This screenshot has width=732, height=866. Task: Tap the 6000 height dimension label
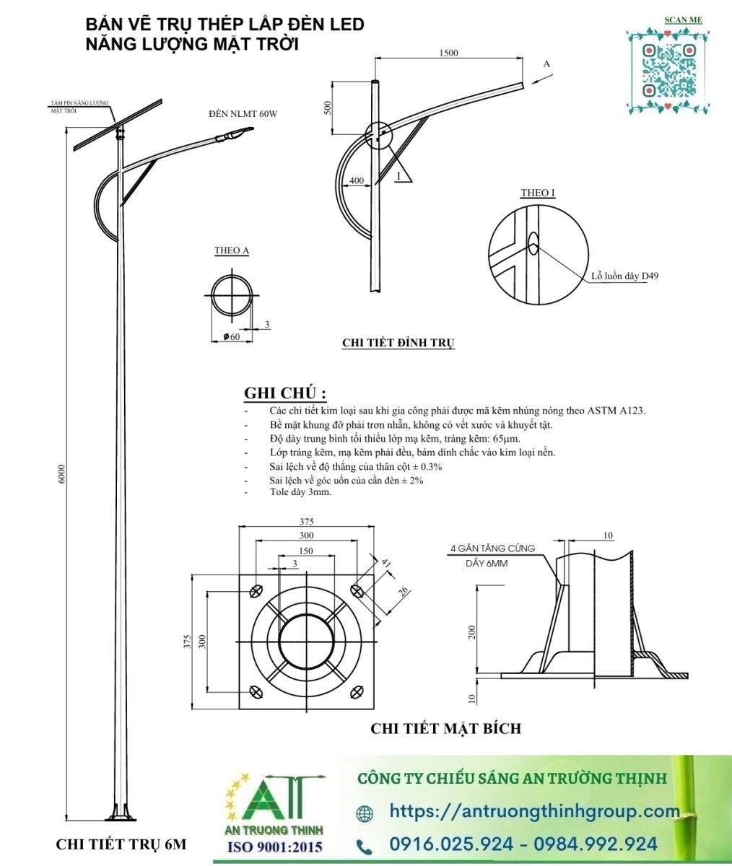click(x=61, y=473)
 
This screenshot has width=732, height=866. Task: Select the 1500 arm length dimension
click(x=448, y=53)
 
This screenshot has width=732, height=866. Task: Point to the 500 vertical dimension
click(x=328, y=108)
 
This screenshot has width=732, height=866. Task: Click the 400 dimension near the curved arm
click(x=356, y=180)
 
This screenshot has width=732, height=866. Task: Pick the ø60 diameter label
click(x=232, y=337)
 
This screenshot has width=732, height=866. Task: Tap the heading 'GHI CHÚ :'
click(x=285, y=393)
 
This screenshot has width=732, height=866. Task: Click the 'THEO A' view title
click(x=232, y=251)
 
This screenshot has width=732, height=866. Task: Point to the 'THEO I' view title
click(x=538, y=193)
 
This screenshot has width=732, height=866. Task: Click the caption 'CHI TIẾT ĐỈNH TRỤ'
click(x=398, y=343)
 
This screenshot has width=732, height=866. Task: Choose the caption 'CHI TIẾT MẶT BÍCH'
click(x=445, y=728)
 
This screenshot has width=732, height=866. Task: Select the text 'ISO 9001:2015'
click(x=275, y=847)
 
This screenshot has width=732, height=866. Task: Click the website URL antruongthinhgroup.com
click(x=534, y=811)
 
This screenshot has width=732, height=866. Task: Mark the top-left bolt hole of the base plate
click(x=256, y=591)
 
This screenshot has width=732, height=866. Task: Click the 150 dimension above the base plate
click(x=306, y=551)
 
